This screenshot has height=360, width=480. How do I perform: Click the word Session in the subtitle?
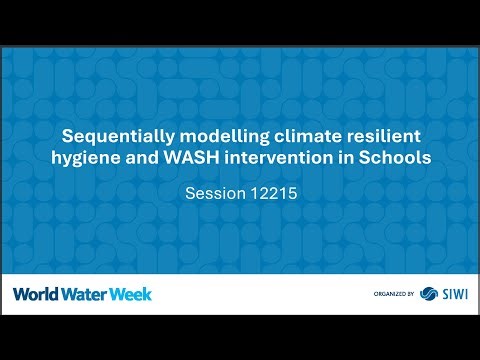click(215, 187)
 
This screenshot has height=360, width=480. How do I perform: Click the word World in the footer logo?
click(35, 294)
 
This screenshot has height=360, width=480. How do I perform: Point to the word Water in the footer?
click(82, 294)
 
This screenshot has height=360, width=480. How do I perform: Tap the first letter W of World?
click(20, 294)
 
